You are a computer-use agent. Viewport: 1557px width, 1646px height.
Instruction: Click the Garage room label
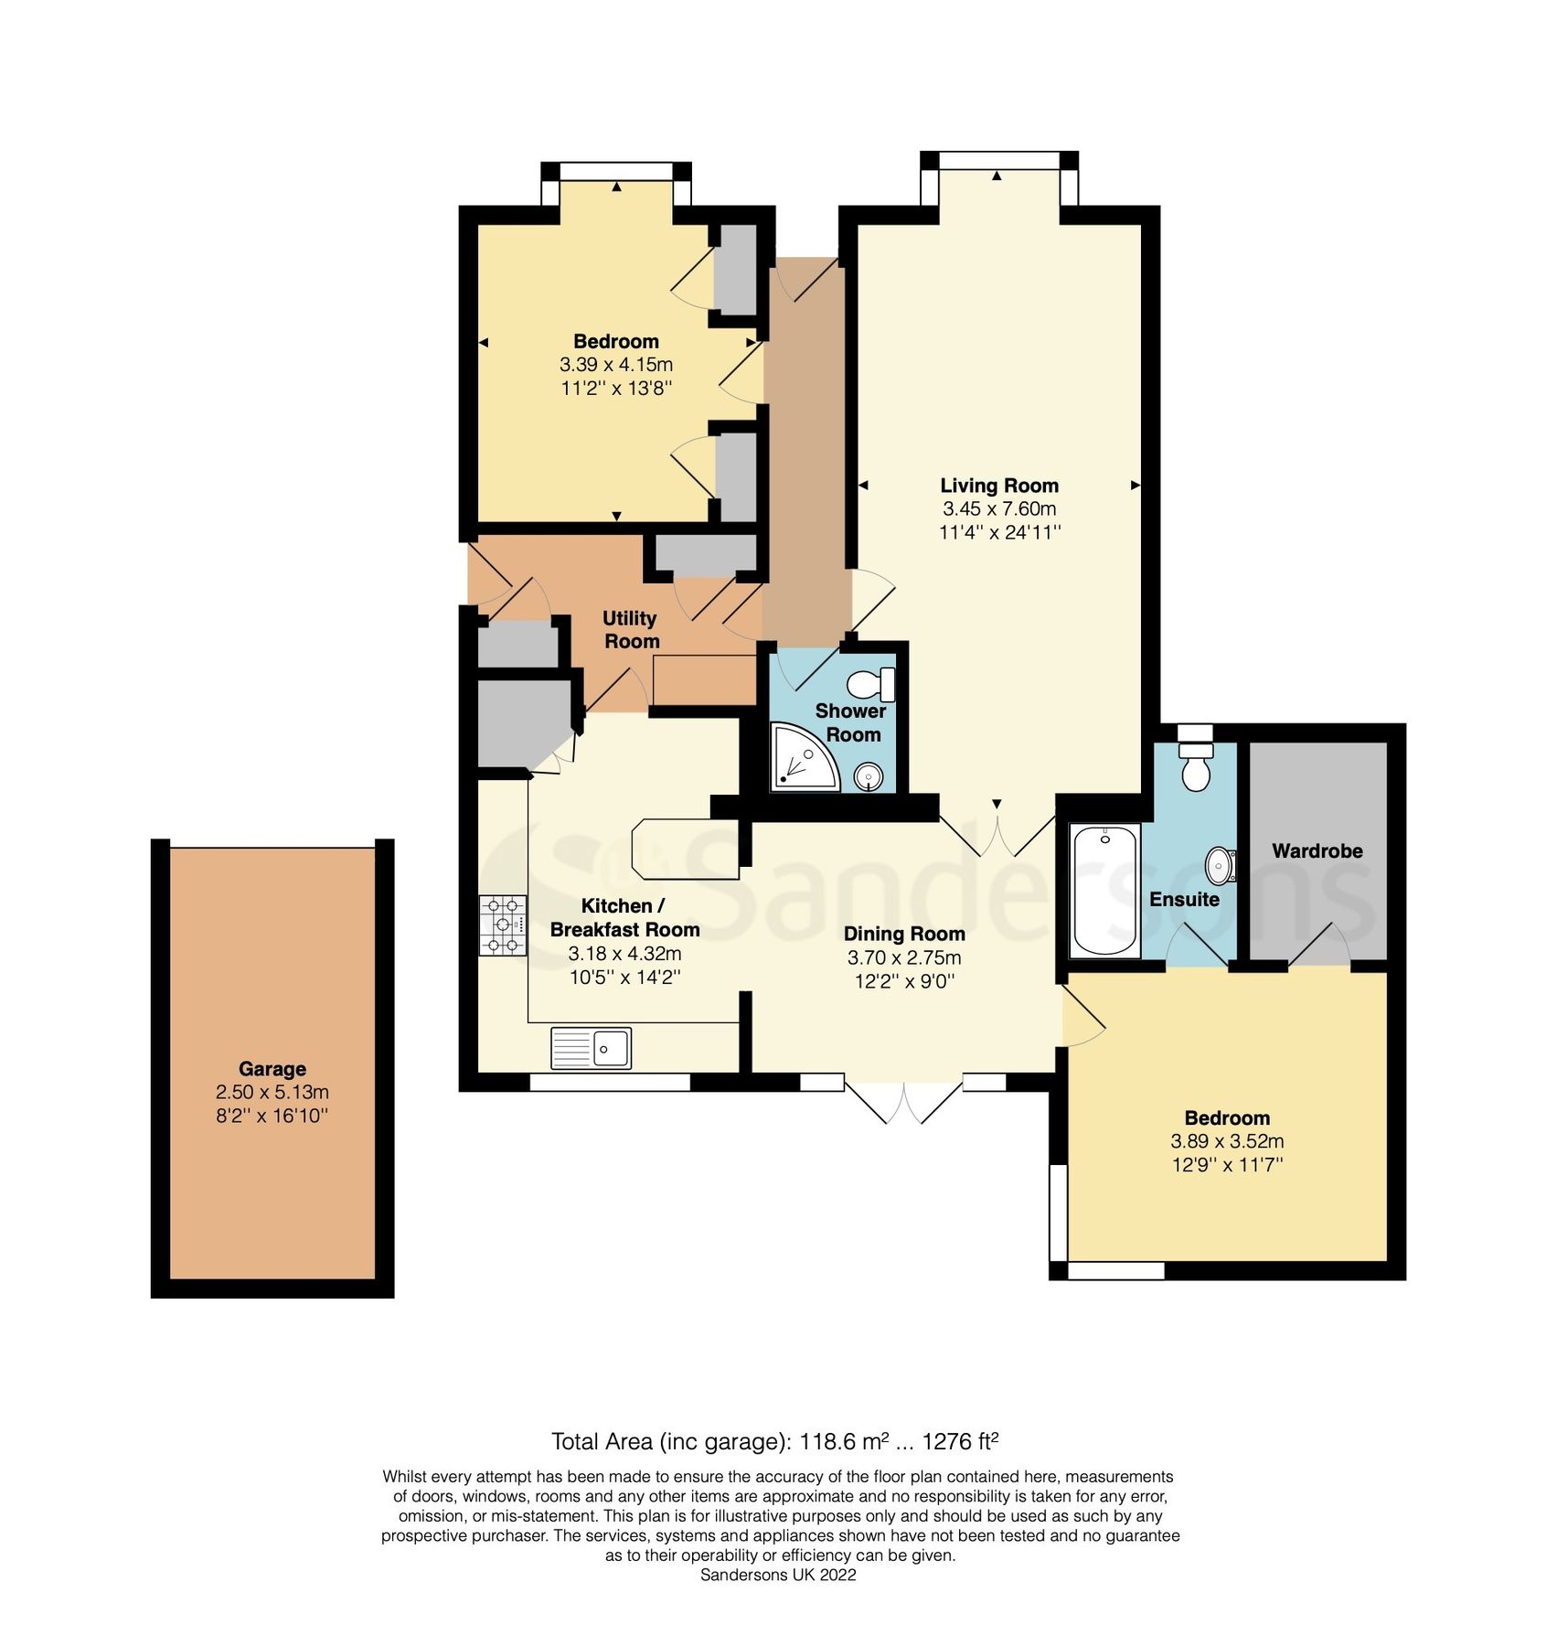tap(272, 1068)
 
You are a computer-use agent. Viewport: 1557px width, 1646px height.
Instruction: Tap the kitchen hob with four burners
tap(503, 925)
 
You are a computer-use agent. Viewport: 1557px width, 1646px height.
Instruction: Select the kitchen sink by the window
tap(591, 1048)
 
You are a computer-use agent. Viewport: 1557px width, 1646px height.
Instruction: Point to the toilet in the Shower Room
tap(871, 683)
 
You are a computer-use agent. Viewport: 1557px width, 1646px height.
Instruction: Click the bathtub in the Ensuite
tap(1105, 890)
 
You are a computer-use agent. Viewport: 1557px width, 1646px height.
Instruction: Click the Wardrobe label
tap(1317, 850)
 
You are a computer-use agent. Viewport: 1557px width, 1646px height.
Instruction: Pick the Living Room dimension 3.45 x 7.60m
tap(998, 508)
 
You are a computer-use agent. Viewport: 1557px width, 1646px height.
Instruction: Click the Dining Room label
tap(903, 934)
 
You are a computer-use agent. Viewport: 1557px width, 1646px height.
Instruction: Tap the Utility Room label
tap(630, 629)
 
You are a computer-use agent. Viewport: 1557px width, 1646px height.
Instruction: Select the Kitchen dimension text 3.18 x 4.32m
tap(624, 953)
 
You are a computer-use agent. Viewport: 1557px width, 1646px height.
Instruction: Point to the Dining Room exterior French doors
tap(903, 1102)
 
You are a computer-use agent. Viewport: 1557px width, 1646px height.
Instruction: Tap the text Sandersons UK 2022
tap(777, 1575)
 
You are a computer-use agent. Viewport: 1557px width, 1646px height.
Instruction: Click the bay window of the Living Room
tap(998, 161)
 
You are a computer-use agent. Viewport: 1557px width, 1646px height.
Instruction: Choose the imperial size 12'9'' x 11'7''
tap(1226, 1165)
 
